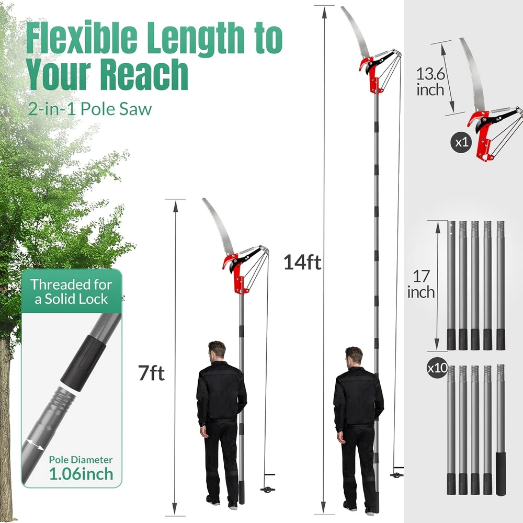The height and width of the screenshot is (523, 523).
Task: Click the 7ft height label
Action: [x=151, y=374]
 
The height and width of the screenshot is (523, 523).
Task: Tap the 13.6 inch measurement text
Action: [x=430, y=81]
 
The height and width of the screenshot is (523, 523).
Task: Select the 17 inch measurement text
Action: [x=421, y=284]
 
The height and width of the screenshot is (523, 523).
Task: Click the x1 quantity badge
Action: [x=460, y=143]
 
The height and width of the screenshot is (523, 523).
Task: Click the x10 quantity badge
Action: [x=437, y=368]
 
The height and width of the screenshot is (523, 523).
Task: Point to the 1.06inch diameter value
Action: [x=81, y=474]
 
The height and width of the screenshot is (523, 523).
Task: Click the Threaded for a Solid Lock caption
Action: [x=71, y=292]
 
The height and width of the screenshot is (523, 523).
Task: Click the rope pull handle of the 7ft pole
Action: [x=267, y=490]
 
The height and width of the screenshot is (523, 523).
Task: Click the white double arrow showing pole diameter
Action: [x=35, y=444]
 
